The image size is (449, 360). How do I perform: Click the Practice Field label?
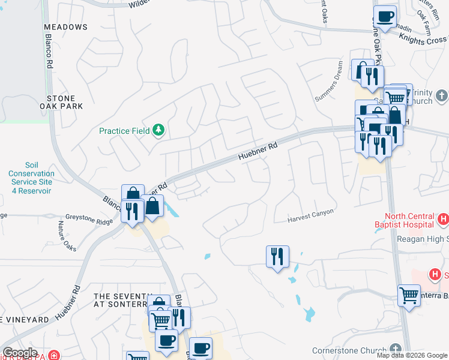pyautogui.click(x=125, y=130)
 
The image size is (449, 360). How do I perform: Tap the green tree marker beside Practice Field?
pyautogui.click(x=158, y=130)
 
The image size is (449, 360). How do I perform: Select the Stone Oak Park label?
pyautogui.click(x=65, y=103)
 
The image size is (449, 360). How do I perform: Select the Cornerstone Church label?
pyautogui.click(x=349, y=350)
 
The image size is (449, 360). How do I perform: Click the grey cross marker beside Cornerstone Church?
pyautogui.click(x=395, y=349)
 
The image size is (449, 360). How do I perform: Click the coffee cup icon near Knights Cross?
pyautogui.click(x=385, y=16)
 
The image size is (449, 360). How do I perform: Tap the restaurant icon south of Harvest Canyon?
pyautogui.click(x=277, y=257)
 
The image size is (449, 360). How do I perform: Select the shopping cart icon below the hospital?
pyautogui.click(x=409, y=295)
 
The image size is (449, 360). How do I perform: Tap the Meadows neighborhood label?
pyautogui.click(x=66, y=27)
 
